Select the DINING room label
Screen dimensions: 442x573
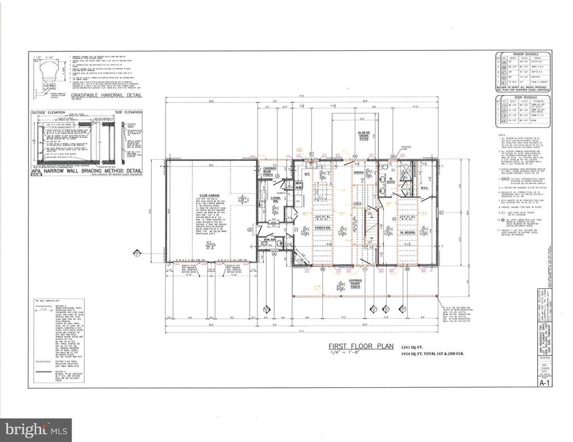(358, 173)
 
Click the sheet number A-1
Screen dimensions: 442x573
(542, 383)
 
